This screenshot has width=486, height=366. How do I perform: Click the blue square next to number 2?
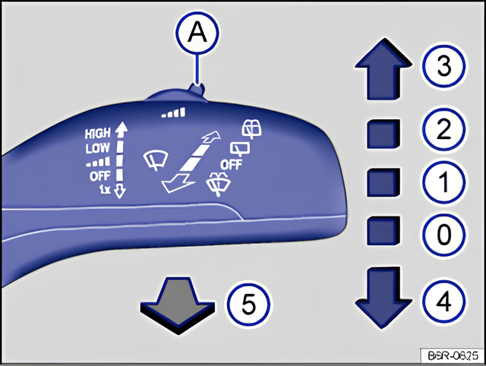tap(383, 134)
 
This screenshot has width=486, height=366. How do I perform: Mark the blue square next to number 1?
tap(383, 183)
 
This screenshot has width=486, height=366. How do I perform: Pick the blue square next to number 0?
tap(383, 231)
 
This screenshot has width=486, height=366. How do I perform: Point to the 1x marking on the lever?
tap(105, 188)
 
